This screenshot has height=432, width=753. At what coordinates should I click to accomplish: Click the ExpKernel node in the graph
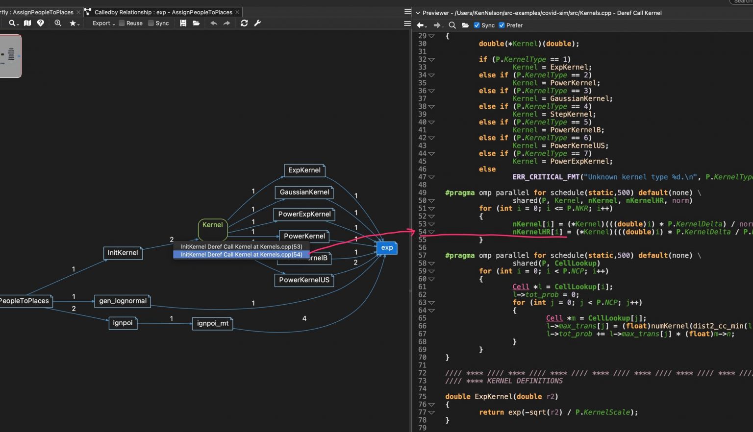304,170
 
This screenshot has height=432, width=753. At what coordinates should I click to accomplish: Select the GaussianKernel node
304,192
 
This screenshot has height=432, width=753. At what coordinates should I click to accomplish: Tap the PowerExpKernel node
304,215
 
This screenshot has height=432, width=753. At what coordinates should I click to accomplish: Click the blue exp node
387,248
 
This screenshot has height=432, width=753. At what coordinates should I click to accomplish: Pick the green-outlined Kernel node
212,225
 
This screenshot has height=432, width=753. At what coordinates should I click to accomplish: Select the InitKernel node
123,253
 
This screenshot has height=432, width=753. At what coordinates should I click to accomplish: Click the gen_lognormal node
123,301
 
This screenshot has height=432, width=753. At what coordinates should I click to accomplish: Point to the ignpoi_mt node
212,323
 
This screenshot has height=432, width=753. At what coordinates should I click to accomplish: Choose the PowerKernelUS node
304,280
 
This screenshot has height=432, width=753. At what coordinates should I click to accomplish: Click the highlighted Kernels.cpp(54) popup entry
241,255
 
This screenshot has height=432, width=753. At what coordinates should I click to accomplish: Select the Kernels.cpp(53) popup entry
241,247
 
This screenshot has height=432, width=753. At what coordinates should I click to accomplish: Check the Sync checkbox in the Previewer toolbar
477,25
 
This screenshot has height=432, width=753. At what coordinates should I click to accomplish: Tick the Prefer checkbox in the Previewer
502,25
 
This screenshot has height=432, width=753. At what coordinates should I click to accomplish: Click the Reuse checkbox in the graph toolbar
122,23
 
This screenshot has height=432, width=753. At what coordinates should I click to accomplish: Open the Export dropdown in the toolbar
103,23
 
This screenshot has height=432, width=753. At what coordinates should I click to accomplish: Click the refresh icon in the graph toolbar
244,23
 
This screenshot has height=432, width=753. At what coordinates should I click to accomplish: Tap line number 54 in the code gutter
422,232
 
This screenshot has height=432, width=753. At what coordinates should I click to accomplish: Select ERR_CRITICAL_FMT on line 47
546,177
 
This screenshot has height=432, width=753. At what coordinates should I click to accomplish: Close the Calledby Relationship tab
238,12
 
